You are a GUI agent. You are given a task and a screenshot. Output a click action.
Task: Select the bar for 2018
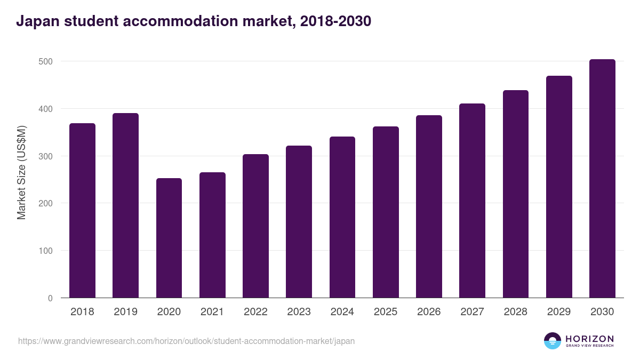(x=82, y=211)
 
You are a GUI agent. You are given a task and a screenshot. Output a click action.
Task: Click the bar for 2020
(x=169, y=238)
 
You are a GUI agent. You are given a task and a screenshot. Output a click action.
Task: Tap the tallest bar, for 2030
(x=602, y=179)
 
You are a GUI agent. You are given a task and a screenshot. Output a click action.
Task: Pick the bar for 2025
(x=386, y=212)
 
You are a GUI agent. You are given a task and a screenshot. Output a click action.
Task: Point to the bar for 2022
(x=255, y=226)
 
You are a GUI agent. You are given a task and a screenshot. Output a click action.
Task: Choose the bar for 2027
(x=472, y=201)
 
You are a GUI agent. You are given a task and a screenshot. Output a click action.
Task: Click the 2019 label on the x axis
(x=125, y=312)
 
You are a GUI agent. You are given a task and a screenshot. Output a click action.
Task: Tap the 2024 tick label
(x=342, y=312)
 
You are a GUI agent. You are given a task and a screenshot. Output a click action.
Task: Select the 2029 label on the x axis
(x=559, y=312)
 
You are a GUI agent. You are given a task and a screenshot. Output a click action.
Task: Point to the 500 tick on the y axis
(x=46, y=61)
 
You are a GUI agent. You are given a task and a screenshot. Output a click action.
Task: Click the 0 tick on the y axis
(x=50, y=298)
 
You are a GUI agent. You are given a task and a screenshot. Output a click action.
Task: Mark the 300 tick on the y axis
(x=46, y=156)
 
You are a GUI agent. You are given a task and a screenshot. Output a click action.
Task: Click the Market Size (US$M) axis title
(x=21, y=172)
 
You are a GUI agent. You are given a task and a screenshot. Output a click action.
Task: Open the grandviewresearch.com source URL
(x=186, y=341)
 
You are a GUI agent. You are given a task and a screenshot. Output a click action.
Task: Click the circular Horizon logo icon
(x=553, y=341)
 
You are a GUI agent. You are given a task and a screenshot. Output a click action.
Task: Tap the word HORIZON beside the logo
(x=589, y=339)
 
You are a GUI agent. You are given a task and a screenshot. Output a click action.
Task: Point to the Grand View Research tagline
(x=589, y=346)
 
